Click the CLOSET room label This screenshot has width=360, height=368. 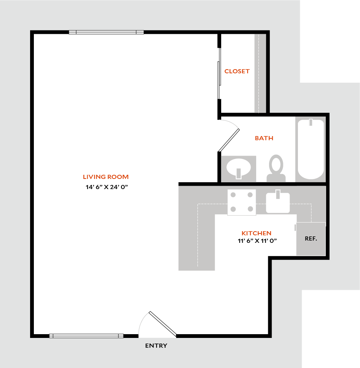[x=237, y=71]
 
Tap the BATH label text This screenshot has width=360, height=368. [x=264, y=138]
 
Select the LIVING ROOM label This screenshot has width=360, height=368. [x=106, y=177]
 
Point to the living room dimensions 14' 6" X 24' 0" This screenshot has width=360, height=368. [x=106, y=187]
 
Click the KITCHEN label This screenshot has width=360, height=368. [x=257, y=233]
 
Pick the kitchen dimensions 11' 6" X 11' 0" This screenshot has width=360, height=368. [x=257, y=241]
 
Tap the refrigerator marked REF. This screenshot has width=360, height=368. [x=311, y=239]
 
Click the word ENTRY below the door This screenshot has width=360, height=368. [x=156, y=345]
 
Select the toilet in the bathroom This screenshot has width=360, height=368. [x=276, y=168]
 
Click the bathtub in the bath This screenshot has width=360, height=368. [x=311, y=149]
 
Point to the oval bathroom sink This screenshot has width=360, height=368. [x=238, y=168]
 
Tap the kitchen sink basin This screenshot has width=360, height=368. [x=278, y=202]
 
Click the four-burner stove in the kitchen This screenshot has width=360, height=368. [x=242, y=202]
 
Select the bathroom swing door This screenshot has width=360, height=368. [x=229, y=140]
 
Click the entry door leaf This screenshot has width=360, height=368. [x=163, y=324]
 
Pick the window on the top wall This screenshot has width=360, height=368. [x=106, y=32]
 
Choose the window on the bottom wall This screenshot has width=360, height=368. [x=86, y=336]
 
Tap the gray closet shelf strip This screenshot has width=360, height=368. [x=260, y=73]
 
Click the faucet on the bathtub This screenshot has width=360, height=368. [x=311, y=122]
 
